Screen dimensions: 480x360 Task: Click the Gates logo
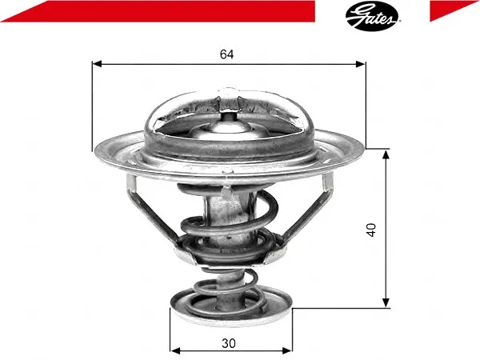click(x=372, y=16)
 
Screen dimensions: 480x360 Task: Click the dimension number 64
click(x=227, y=54)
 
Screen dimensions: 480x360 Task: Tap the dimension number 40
click(x=370, y=230)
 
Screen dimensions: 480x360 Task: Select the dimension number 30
click(x=229, y=343)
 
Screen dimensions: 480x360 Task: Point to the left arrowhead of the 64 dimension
click(x=97, y=64)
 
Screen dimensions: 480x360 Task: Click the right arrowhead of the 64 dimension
click(x=360, y=64)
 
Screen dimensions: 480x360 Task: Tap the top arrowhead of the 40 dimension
click(x=386, y=155)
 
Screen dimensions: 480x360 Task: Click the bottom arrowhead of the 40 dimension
click(x=386, y=302)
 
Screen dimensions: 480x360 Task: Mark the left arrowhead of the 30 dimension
click(x=175, y=350)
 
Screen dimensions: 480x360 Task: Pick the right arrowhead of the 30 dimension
click(x=287, y=350)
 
